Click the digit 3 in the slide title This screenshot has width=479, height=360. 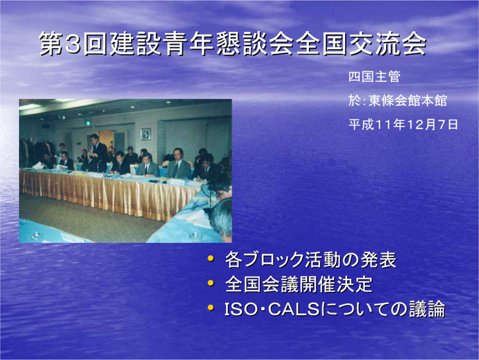[72, 44]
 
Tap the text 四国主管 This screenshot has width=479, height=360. [374, 76]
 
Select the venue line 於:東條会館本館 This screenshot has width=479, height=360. [397, 100]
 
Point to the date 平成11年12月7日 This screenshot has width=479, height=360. [403, 124]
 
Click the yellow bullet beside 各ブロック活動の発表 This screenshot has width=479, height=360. [211, 259]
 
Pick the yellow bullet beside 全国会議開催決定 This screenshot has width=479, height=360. [211, 283]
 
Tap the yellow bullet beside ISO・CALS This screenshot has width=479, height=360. [211, 307]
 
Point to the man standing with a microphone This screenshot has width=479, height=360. [97, 153]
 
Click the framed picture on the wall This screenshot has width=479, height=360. [146, 134]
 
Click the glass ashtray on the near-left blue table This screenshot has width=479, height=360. [36, 236]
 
